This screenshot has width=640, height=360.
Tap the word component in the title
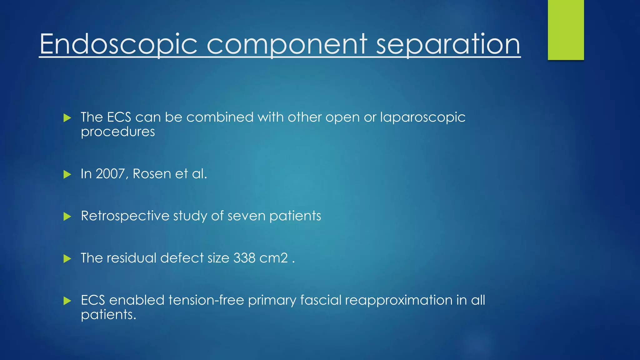tap(287, 44)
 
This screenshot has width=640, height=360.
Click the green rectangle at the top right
tap(566, 30)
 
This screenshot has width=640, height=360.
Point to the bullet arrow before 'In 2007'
tap(67, 174)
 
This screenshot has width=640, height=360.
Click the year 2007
tap(111, 174)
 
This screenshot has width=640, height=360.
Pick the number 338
tap(244, 258)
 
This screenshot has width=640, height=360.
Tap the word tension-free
tap(206, 300)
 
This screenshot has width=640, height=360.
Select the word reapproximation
tap(398, 300)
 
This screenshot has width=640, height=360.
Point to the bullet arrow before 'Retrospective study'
tap(67, 216)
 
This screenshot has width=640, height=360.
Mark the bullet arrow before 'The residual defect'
tap(67, 258)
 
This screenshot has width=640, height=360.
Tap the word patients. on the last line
tap(108, 315)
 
